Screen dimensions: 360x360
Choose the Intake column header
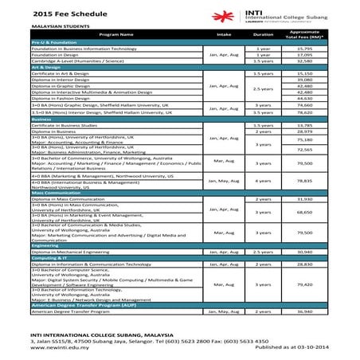tap(222, 36)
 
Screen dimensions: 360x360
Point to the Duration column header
tap(262, 36)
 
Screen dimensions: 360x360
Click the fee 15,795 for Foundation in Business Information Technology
tap(303, 49)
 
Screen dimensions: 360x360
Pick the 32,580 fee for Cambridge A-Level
tap(303, 61)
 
